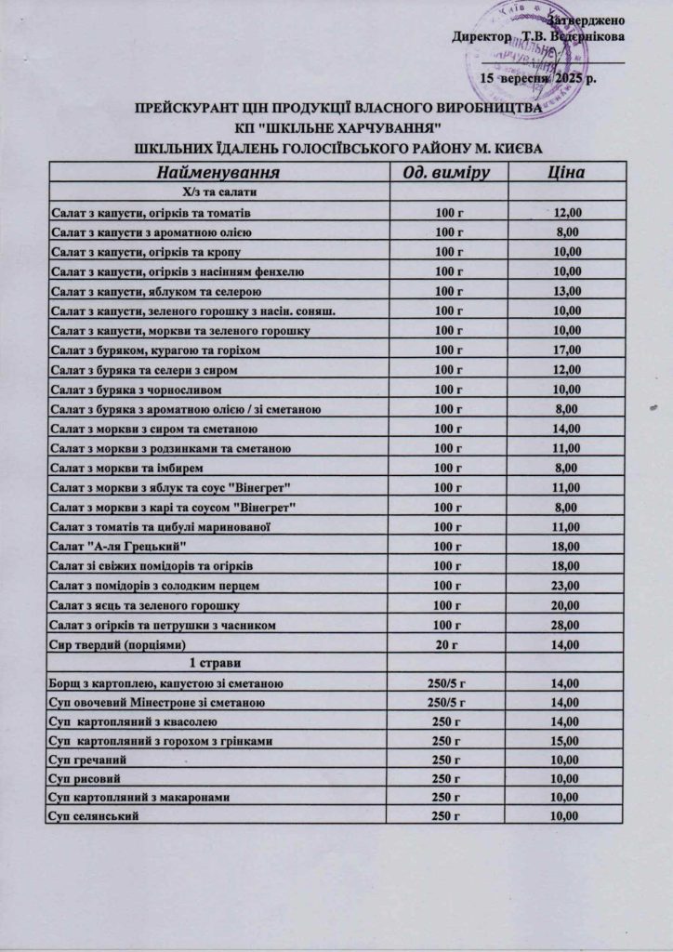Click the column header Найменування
(218, 173)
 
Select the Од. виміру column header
(447, 173)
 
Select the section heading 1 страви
(218, 664)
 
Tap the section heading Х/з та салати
(218, 192)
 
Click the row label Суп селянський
(95, 816)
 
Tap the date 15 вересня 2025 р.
(537, 80)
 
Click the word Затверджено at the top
(587, 20)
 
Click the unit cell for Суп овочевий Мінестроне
(447, 703)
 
